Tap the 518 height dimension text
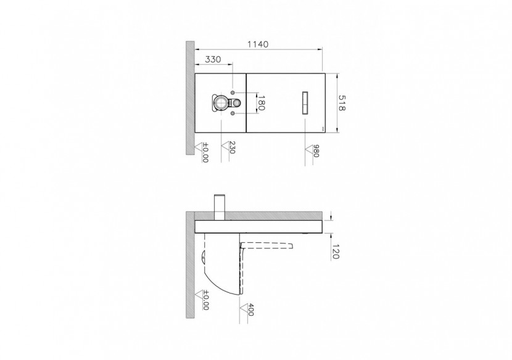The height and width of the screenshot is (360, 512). tap(343, 103)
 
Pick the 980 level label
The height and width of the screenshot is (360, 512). tap(315, 152)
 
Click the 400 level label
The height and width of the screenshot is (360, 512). tap(250, 308)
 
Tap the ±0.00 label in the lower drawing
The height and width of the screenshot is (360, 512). tap(205, 301)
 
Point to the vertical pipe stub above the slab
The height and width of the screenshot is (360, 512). tap(218, 205)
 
